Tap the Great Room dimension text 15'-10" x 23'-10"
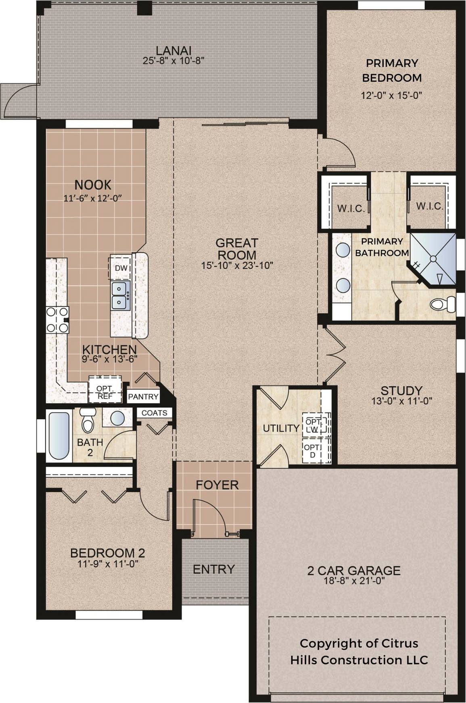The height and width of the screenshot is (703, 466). [x=237, y=265]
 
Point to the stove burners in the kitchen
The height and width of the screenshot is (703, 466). [x=57, y=319]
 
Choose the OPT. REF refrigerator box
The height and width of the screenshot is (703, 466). [x=104, y=389]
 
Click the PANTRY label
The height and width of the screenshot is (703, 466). [x=143, y=397]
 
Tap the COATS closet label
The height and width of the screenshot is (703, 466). [x=155, y=413]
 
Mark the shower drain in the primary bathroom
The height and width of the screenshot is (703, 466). [x=434, y=258]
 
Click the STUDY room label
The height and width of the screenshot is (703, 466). [x=401, y=390]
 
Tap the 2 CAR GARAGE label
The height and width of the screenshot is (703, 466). [x=354, y=570]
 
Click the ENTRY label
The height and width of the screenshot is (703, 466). [x=214, y=569]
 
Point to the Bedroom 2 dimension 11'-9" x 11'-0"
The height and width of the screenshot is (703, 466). [x=108, y=564]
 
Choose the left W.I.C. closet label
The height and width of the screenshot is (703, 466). [x=351, y=209]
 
